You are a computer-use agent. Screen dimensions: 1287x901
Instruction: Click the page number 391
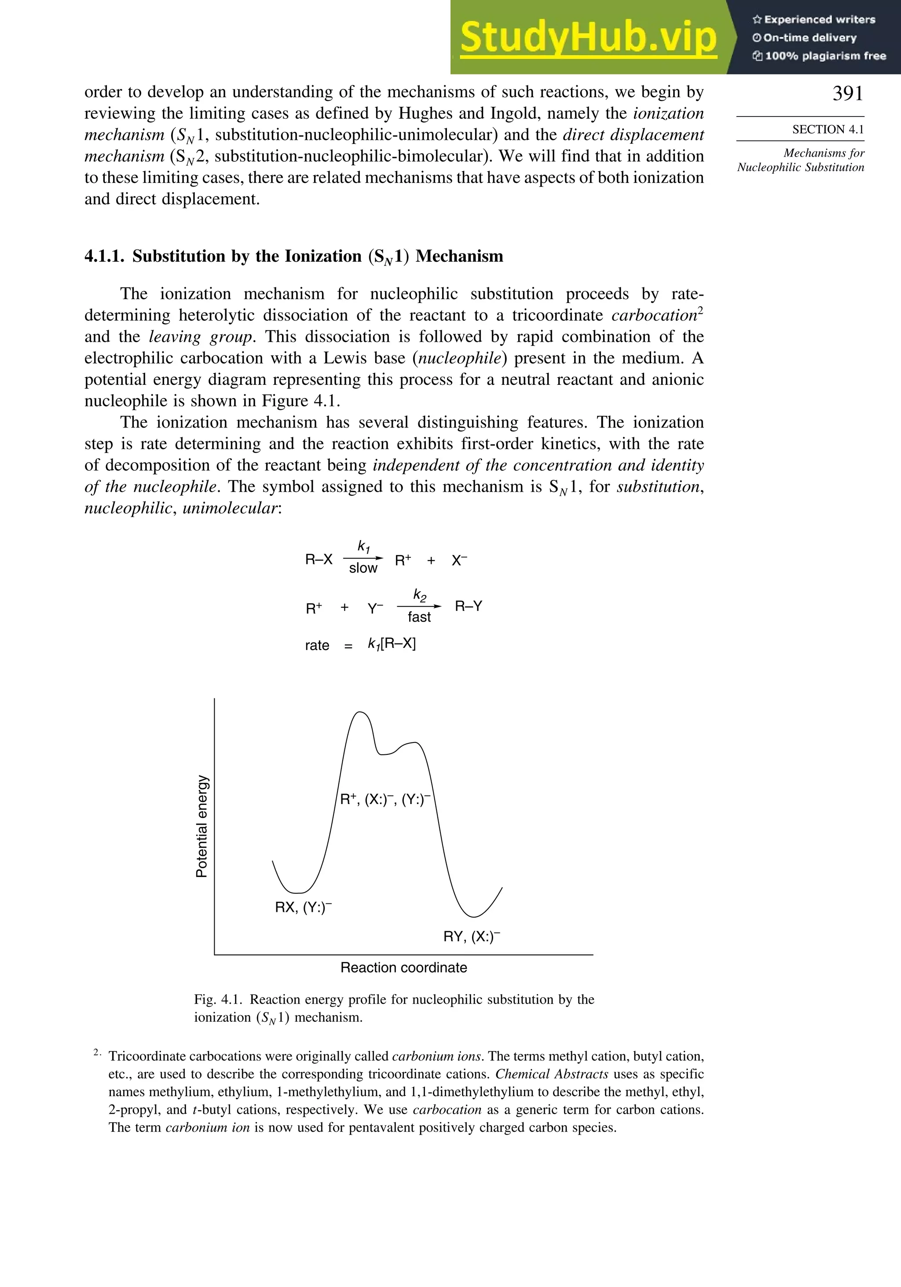847,94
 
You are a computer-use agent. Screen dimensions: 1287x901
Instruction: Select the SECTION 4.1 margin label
828,129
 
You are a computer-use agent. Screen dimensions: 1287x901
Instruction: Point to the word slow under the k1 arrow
363,568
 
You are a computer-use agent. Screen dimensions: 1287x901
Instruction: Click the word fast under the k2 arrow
419,617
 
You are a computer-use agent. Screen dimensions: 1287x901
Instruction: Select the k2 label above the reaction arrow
419,595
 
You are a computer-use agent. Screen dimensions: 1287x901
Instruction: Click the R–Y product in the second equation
468,607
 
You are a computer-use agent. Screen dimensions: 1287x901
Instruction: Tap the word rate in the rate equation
317,646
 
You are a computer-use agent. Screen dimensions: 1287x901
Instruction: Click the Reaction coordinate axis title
404,968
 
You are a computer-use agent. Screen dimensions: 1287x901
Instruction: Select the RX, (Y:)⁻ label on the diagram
303,907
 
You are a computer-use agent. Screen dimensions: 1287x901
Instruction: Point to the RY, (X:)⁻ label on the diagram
472,937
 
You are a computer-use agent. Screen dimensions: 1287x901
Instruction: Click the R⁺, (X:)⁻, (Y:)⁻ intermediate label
385,800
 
